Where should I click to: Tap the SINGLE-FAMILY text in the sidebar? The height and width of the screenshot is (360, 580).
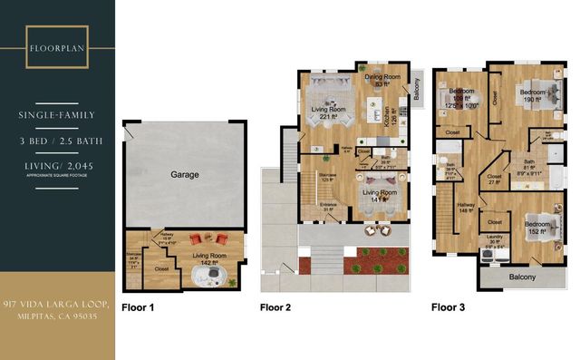[57, 115]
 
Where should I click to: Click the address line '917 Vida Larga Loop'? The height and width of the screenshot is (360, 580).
[56, 303]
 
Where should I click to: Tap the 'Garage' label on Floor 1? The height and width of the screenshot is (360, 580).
[185, 174]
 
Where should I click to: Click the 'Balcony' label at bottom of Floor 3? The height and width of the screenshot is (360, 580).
[521, 277]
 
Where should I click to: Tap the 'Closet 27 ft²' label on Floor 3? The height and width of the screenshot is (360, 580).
[495, 180]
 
